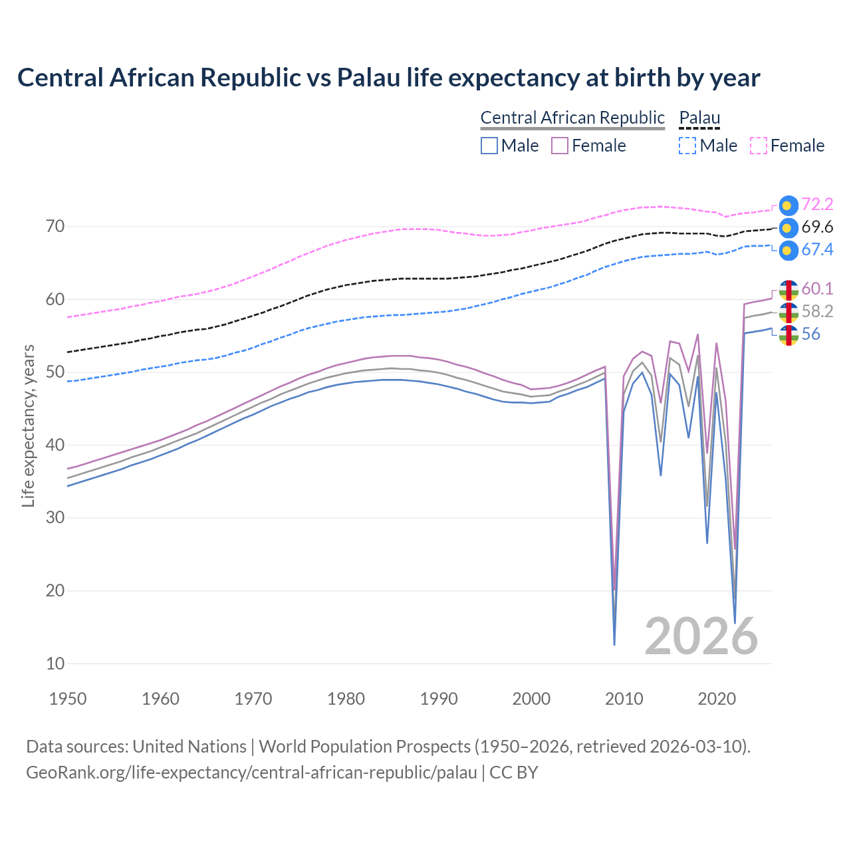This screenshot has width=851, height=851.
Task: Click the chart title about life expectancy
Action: (x=388, y=78)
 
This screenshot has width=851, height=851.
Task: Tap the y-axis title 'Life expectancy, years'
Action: (x=28, y=425)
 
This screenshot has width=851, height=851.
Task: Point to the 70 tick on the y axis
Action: (x=55, y=227)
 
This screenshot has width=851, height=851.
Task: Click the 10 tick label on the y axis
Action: (x=55, y=664)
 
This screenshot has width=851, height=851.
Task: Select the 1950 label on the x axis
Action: (x=68, y=699)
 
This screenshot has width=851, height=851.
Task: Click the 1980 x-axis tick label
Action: (x=346, y=699)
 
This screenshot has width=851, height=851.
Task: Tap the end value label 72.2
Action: (x=817, y=204)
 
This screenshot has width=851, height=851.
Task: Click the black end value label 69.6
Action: (x=817, y=227)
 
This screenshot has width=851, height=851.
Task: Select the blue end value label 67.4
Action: (x=817, y=250)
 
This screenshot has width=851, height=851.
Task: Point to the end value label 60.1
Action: (x=817, y=289)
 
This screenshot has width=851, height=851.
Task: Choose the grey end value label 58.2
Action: (x=817, y=311)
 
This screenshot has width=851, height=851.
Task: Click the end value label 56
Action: (x=810, y=334)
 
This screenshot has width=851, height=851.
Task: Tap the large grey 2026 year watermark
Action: (x=701, y=636)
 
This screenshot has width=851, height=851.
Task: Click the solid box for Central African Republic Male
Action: (x=489, y=146)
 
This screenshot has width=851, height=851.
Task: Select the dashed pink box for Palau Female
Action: (x=759, y=146)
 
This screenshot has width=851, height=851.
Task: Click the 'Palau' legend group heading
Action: (x=699, y=118)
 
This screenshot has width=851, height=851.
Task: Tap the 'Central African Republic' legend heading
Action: (x=572, y=118)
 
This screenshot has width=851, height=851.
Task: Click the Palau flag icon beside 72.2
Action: (x=788, y=205)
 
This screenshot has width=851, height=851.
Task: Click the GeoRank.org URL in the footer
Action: (x=251, y=773)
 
